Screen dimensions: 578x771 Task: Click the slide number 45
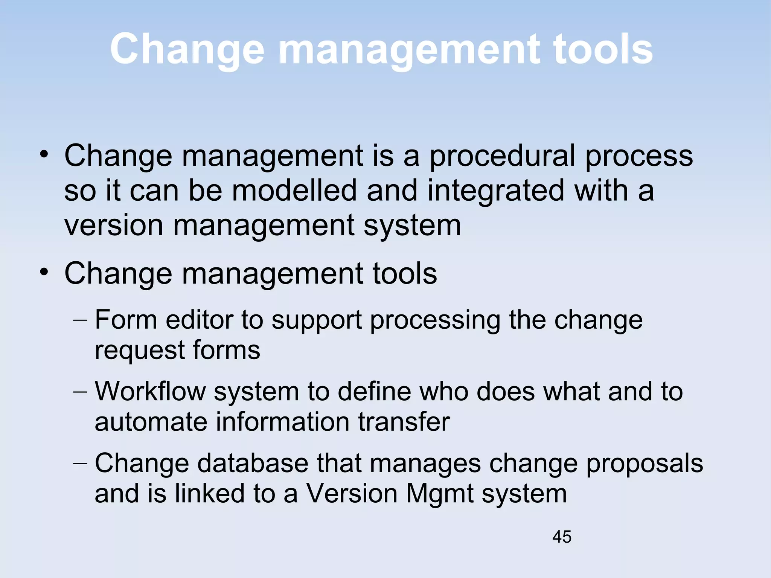562,537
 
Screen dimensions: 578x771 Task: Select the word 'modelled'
294,190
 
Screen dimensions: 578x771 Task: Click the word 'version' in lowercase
114,225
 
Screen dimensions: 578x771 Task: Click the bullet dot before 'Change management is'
44,154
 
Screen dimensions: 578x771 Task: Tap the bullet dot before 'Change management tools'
44,272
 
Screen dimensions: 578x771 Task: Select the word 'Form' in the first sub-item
126,320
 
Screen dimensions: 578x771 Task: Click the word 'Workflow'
150,391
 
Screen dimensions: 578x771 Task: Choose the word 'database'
252,463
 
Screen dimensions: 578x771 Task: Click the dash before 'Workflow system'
80,392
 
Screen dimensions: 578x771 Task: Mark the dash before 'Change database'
80,464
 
